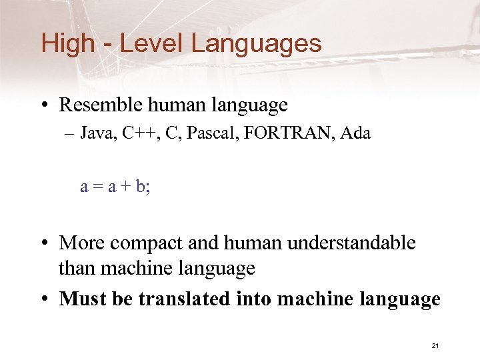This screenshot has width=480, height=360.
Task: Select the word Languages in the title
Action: (256, 44)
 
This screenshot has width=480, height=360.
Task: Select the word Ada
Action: (355, 134)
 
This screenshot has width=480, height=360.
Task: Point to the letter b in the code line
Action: (140, 187)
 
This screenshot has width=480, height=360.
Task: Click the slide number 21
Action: (435, 345)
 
